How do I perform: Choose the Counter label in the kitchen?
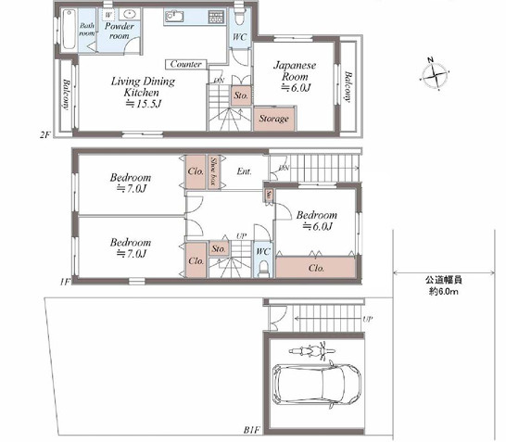pyautogui.click(x=186, y=65)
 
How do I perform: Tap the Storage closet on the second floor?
pyautogui.click(x=273, y=119)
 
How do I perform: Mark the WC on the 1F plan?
pyautogui.click(x=262, y=251)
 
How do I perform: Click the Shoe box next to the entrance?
pyautogui.click(x=213, y=171)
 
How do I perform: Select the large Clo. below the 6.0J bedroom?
pyautogui.click(x=315, y=269)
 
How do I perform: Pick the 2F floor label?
pyautogui.click(x=44, y=135)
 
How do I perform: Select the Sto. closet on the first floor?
pyautogui.click(x=219, y=248)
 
